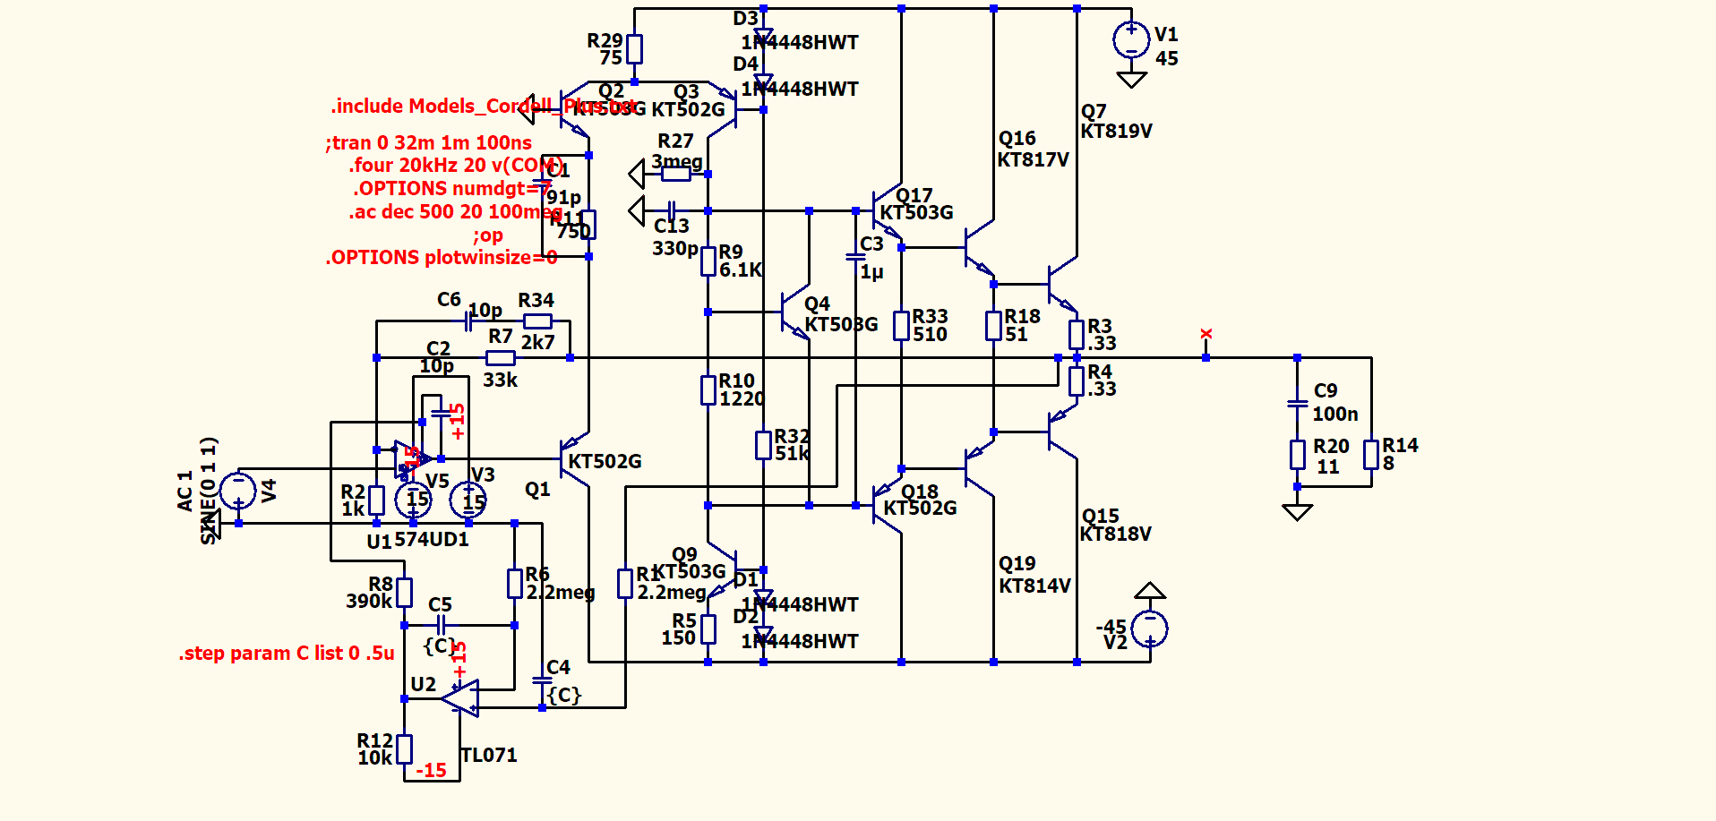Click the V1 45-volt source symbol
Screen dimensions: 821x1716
(1131, 40)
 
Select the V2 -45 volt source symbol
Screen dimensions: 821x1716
(1149, 629)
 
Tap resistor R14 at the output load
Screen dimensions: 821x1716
(1370, 455)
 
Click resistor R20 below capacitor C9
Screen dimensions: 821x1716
(1297, 455)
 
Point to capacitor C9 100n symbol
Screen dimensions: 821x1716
(1297, 404)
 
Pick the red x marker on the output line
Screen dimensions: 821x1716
(1205, 334)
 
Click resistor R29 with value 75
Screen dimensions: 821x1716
(634, 49)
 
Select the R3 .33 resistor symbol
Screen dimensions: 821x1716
(1077, 335)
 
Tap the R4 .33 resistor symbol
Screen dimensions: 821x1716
(1077, 381)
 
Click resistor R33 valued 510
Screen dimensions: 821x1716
(901, 325)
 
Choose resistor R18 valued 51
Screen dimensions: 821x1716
(993, 325)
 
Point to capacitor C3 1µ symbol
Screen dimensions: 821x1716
(855, 257)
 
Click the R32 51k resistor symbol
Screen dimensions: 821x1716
(763, 445)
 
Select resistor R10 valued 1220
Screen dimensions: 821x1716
(708, 389)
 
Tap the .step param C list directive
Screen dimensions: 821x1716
(287, 654)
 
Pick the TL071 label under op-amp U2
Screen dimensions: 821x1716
(489, 755)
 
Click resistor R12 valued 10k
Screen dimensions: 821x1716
(404, 748)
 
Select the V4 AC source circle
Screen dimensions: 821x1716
(238, 490)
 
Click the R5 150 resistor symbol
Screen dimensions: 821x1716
(708, 629)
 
